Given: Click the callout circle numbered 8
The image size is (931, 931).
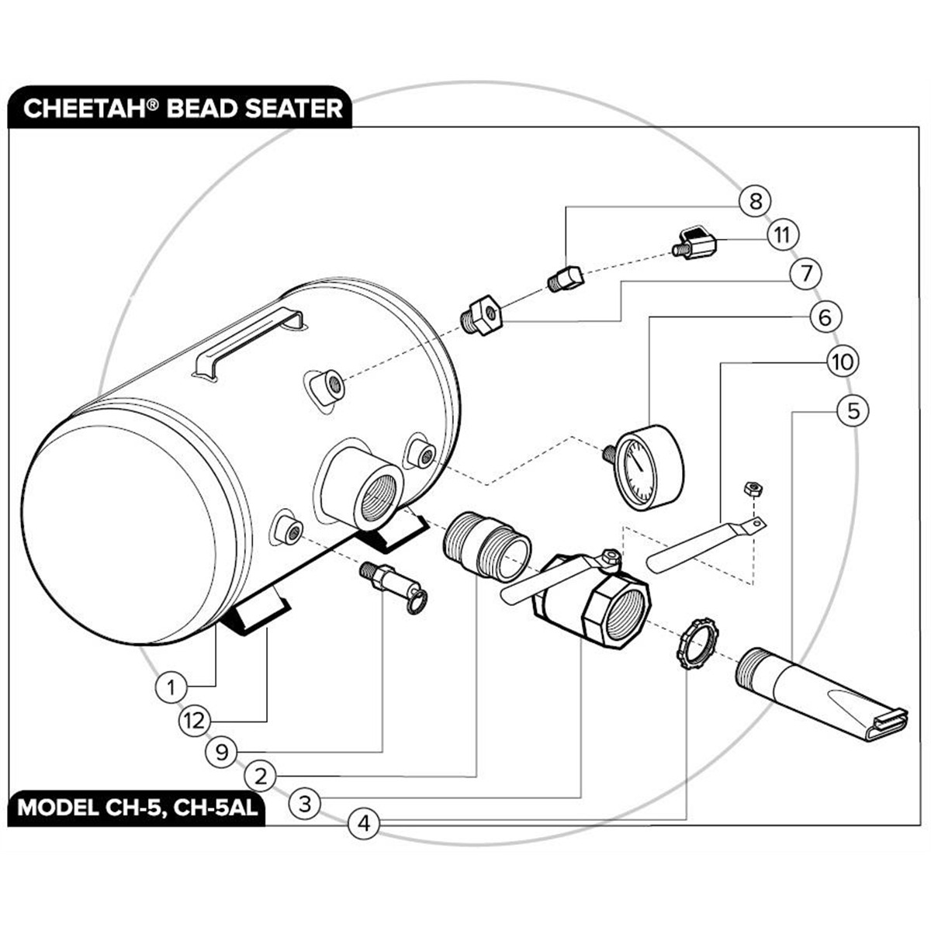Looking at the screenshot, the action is (x=756, y=201).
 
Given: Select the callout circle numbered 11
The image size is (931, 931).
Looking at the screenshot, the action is (x=783, y=235).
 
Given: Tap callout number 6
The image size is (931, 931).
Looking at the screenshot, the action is (x=825, y=317).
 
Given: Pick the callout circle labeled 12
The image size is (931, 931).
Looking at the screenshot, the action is (x=196, y=722).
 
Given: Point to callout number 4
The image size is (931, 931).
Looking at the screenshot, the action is (x=365, y=823).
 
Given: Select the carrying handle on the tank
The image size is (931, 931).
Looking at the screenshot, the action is (x=247, y=343).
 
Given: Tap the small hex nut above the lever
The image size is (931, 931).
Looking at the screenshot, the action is (x=753, y=489).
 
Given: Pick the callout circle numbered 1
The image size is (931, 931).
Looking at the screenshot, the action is (x=171, y=687).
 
